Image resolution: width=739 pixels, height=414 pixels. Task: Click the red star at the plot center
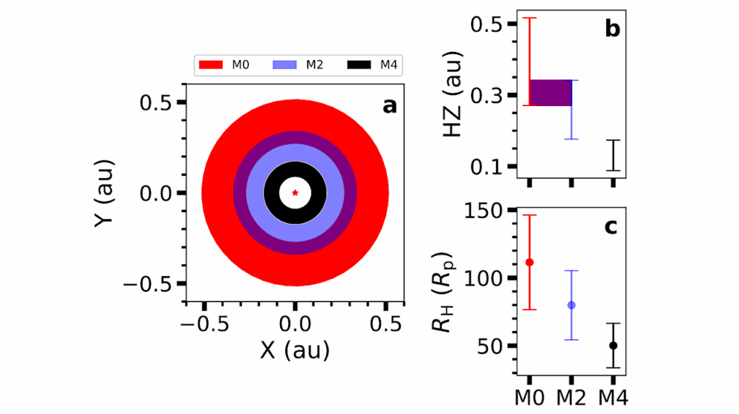tap(294, 193)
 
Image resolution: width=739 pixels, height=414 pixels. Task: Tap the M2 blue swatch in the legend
tap(285, 65)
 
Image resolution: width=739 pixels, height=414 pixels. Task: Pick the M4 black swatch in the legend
tap(359, 65)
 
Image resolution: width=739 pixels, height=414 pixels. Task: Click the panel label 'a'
tap(389, 106)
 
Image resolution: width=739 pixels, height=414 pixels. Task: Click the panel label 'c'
tap(611, 227)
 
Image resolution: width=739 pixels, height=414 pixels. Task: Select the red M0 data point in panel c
tap(529, 263)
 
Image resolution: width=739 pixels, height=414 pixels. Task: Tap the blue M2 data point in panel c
tap(572, 305)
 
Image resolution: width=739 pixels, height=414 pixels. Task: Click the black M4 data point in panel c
tap(613, 345)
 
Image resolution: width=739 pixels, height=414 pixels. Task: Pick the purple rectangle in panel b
tap(551, 92)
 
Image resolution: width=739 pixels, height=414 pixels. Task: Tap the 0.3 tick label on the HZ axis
tap(491, 95)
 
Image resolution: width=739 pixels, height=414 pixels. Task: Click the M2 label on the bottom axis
tap(572, 397)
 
